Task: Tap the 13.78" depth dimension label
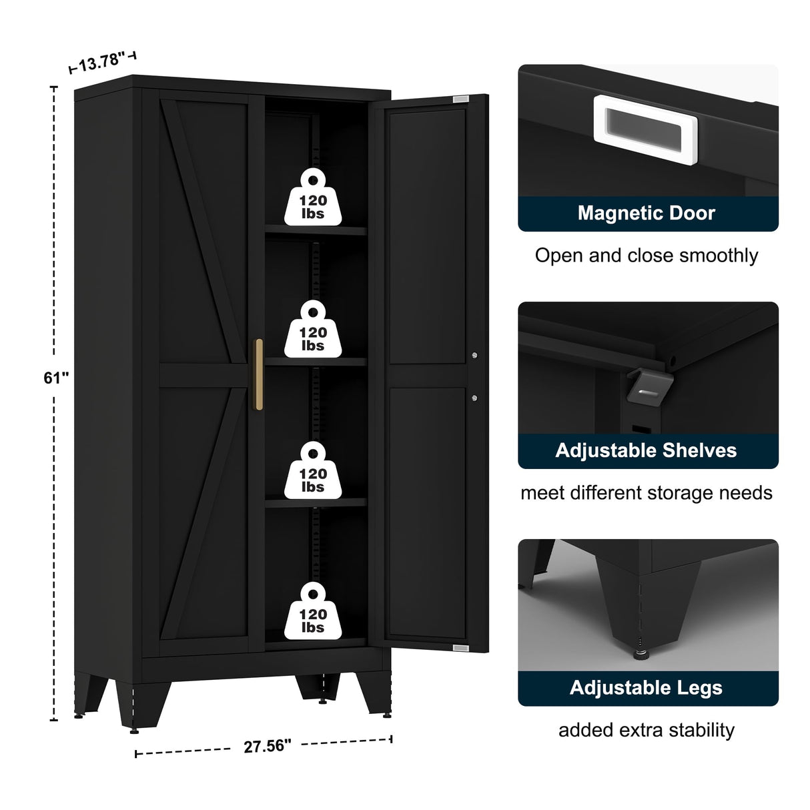[x=102, y=63]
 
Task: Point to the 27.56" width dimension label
[x=267, y=746]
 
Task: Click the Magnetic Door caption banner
[x=647, y=214]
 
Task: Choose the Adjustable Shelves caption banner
[x=647, y=450]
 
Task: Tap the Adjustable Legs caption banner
[x=647, y=688]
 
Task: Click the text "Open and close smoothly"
[x=647, y=256]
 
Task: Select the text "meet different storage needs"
[x=647, y=493]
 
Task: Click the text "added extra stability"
[x=647, y=730]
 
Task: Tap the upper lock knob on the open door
[x=474, y=355]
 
